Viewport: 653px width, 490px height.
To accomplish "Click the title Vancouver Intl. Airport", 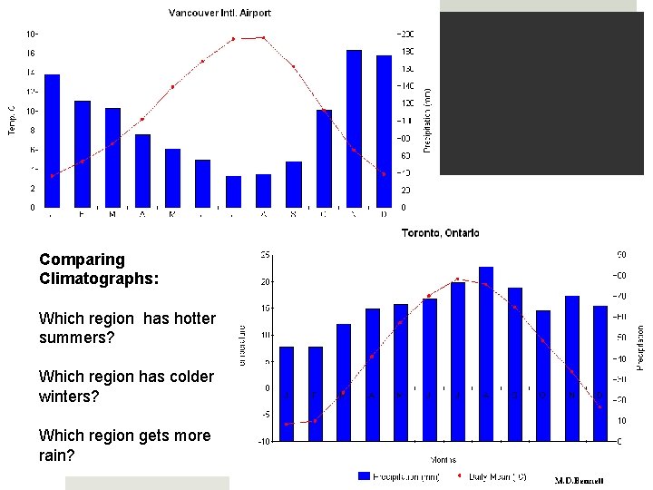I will [219, 13].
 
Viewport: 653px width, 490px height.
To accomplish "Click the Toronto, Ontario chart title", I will [441, 233].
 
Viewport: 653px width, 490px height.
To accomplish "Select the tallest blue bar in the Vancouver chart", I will [354, 128].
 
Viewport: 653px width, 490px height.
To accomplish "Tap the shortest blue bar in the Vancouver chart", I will [233, 191].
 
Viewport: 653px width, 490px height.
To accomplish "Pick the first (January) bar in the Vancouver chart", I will [52, 141].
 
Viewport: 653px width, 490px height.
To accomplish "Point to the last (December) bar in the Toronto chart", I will [599, 373].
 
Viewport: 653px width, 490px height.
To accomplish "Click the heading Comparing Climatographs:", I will [98, 269].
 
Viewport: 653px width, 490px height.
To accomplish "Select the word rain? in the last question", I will [58, 456].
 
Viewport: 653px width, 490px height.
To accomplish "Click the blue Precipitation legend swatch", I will [365, 475].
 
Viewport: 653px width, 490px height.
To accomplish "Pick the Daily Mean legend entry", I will [491, 475].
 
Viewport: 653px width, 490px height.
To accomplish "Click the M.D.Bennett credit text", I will [579, 480].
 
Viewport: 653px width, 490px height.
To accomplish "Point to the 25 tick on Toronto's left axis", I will [265, 254].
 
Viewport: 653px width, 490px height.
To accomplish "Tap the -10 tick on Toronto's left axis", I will [263, 442].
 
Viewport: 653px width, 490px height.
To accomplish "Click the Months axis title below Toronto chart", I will [443, 459].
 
